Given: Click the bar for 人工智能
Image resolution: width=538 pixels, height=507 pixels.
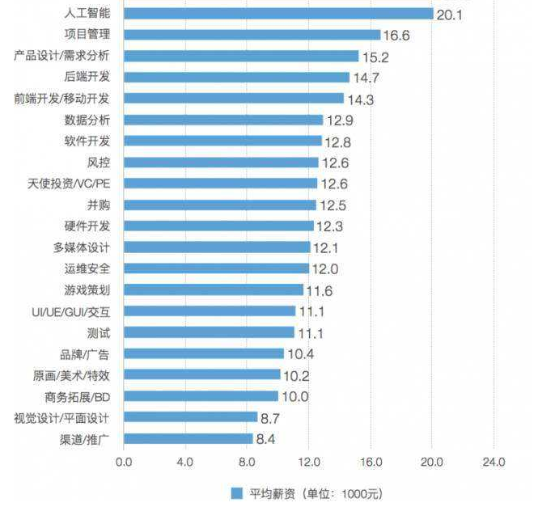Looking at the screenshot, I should (280, 14).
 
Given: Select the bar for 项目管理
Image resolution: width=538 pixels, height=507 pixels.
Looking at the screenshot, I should (253, 35).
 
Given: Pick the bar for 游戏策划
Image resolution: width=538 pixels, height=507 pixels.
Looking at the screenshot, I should (214, 289).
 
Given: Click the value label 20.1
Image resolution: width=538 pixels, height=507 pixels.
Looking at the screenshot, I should (449, 15).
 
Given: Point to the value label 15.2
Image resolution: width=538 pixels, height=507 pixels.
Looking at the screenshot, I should (374, 57).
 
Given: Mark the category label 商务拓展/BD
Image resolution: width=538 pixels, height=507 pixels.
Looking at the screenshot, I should (78, 396).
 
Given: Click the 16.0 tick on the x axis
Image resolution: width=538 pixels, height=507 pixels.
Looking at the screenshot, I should (371, 462).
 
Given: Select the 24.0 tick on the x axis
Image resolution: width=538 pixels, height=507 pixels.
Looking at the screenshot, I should (494, 462).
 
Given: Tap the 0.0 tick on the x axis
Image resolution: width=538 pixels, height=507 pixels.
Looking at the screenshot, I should (125, 462).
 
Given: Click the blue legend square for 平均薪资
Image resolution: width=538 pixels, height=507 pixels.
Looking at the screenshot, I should (237, 492).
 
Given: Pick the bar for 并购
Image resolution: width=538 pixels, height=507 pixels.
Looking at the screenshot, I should (220, 205).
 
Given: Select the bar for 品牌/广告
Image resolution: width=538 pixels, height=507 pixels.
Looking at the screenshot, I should (205, 353).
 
